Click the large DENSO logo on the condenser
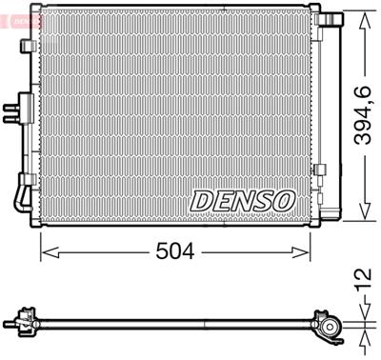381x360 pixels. [243, 200]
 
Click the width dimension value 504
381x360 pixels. [176, 252]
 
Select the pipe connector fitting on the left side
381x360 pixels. [13, 111]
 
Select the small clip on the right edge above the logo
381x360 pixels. [320, 170]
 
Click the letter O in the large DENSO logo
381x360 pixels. [283, 200]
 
